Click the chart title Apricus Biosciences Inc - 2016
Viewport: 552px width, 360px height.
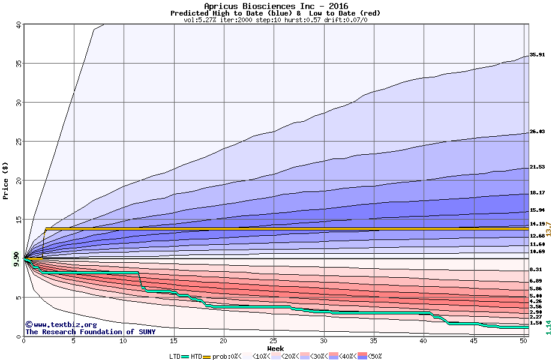pyautogui.click(x=275, y=6)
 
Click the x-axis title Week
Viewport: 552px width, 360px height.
pyautogui.click(x=275, y=348)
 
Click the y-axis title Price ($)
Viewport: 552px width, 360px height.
pyautogui.click(x=6, y=180)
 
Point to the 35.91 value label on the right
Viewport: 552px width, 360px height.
pyautogui.click(x=537, y=55)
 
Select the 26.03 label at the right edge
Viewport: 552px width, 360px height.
pyautogui.click(x=537, y=131)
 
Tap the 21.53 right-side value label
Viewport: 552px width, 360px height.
pyautogui.click(x=537, y=167)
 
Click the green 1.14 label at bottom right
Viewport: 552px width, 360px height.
pyautogui.click(x=548, y=328)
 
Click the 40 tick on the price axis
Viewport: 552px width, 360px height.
pyautogui.click(x=18, y=25)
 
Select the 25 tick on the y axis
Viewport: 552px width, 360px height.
pyautogui.click(x=18, y=142)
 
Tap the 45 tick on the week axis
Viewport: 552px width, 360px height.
pyautogui.click(x=473, y=341)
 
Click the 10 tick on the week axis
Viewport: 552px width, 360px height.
pyautogui.click(x=124, y=341)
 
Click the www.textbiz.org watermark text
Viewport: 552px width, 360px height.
pyautogui.click(x=57, y=325)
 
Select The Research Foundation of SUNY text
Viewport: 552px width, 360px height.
pyautogui.click(x=90, y=332)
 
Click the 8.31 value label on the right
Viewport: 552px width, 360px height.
pyautogui.click(x=537, y=269)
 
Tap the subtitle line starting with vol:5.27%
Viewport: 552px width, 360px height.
pyautogui.click(x=275, y=20)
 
